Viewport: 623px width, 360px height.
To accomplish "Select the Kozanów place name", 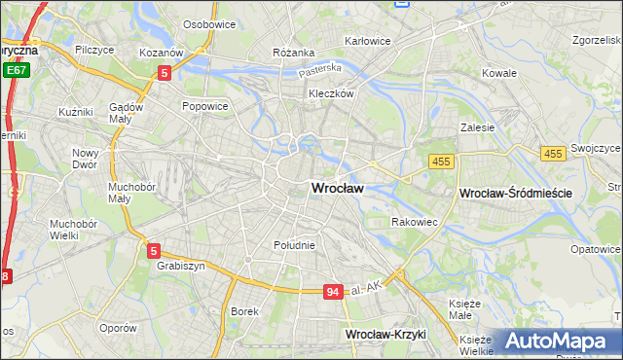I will [161, 52].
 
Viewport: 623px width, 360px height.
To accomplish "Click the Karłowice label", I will [368, 41].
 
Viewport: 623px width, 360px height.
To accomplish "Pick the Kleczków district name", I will [330, 93].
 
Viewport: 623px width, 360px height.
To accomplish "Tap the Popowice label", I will [204, 106].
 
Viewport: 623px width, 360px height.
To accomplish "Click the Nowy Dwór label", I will [86, 159].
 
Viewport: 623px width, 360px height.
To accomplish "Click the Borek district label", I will [243, 311].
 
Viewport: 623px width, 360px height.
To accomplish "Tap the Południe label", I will [294, 245].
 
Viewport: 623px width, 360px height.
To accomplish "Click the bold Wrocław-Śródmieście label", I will [515, 194].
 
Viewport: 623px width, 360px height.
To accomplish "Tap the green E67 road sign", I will [15, 70].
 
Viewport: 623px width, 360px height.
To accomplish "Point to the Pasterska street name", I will [320, 69].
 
